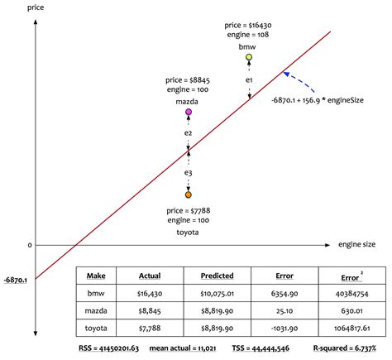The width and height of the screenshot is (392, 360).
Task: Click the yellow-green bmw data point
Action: click(249, 57)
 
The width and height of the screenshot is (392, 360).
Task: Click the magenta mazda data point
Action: click(189, 111)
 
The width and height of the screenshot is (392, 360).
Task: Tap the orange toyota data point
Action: click(189, 194)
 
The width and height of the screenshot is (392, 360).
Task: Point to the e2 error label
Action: click(189, 132)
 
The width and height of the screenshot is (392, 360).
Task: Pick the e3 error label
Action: click(189, 172)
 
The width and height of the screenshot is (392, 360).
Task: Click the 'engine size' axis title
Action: click(356, 245)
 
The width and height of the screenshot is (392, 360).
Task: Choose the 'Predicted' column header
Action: click(217, 276)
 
